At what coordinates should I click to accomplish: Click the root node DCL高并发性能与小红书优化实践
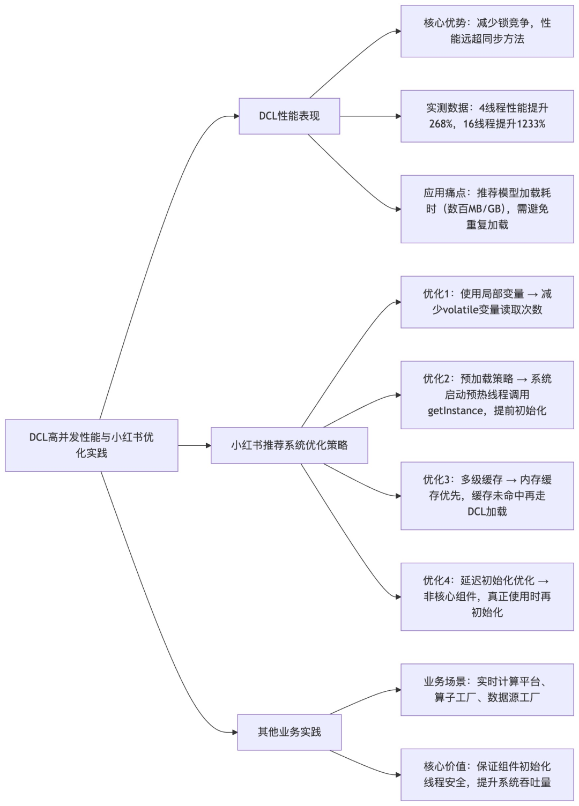click(91, 445)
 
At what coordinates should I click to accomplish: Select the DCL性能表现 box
click(289, 116)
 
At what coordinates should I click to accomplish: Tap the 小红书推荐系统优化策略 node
click(289, 445)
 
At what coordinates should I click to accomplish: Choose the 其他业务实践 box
click(289, 732)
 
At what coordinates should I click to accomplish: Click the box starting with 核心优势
click(487, 31)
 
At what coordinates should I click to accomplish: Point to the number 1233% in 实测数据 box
click(531, 124)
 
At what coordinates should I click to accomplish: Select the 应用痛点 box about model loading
click(487, 209)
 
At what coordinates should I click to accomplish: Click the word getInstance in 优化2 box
click(455, 411)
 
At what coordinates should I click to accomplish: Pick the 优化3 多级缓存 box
click(487, 496)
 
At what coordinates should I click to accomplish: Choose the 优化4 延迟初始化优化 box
click(487, 596)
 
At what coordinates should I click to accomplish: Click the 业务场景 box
click(487, 690)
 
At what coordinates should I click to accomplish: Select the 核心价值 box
click(487, 774)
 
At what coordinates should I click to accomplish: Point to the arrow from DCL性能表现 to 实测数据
click(370, 116)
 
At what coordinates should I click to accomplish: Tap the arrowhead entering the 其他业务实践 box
click(235, 732)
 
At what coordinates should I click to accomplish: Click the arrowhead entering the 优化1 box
click(398, 302)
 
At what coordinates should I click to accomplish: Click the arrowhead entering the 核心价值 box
click(398, 774)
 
